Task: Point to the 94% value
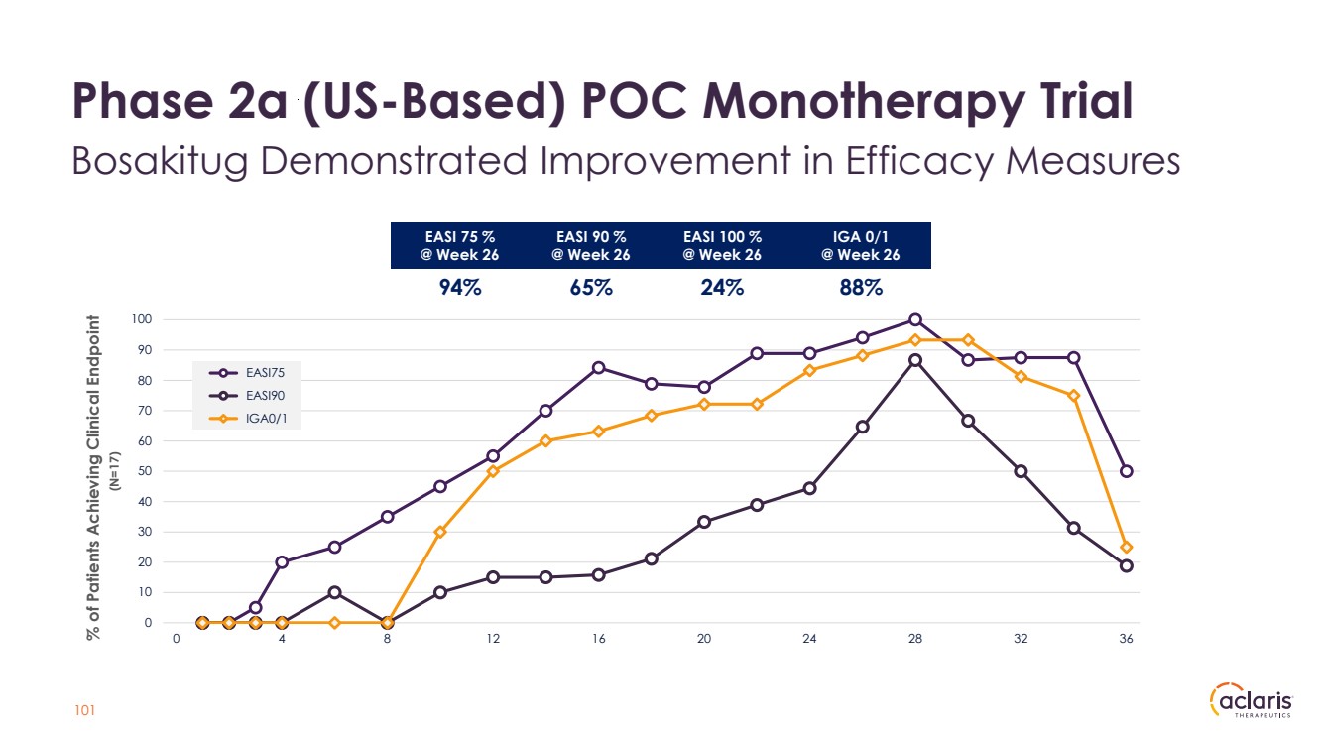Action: pos(460,288)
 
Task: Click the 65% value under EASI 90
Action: pos(591,288)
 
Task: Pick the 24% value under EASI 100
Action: pos(722,288)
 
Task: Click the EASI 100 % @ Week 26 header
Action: pos(722,245)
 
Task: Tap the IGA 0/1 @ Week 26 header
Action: pos(861,245)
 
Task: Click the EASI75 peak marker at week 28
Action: pos(915,319)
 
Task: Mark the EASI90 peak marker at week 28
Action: pos(915,360)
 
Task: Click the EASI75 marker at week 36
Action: pos(1127,471)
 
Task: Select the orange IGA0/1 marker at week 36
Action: pos(1127,547)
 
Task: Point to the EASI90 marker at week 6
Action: pos(335,592)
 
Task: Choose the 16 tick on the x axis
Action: pos(598,640)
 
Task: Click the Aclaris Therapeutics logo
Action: pos(1252,701)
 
